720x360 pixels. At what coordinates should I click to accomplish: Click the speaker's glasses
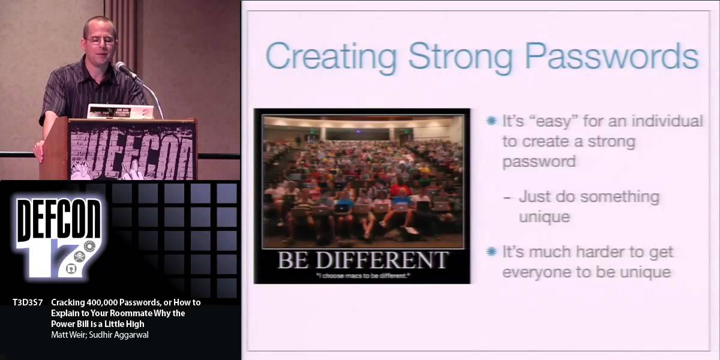tap(99, 41)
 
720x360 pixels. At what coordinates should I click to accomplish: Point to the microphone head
tap(122, 67)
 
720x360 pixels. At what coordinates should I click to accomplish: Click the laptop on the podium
tap(120, 112)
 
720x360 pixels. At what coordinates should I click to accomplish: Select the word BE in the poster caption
tap(292, 260)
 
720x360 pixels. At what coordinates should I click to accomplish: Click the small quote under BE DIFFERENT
tap(362, 275)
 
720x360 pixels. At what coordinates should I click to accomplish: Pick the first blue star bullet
tap(492, 121)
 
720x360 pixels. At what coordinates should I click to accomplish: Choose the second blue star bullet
tap(492, 251)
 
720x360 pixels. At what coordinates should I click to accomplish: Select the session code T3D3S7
tap(27, 303)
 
